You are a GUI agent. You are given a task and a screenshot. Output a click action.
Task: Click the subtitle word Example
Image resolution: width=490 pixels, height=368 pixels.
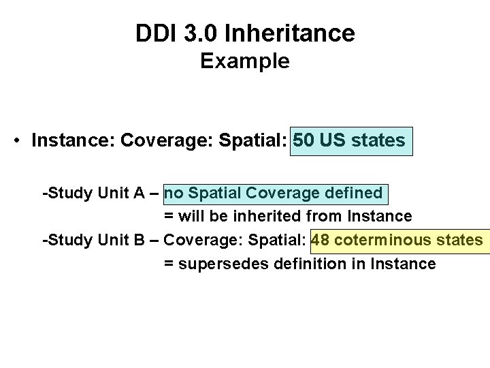pos(245,61)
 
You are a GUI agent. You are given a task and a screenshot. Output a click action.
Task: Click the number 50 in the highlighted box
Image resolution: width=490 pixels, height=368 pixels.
pos(304,141)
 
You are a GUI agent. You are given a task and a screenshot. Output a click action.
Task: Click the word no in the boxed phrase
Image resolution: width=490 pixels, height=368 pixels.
pos(174,194)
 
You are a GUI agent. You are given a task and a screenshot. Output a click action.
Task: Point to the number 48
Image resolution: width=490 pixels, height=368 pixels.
pos(321,240)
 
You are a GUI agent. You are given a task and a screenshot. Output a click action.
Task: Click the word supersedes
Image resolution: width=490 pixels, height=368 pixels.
pos(214,263)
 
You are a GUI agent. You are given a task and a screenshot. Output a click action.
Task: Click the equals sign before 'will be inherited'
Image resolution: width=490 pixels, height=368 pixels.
pos(168,217)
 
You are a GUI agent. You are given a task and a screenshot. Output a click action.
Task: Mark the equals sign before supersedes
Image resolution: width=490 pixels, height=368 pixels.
pos(168,263)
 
